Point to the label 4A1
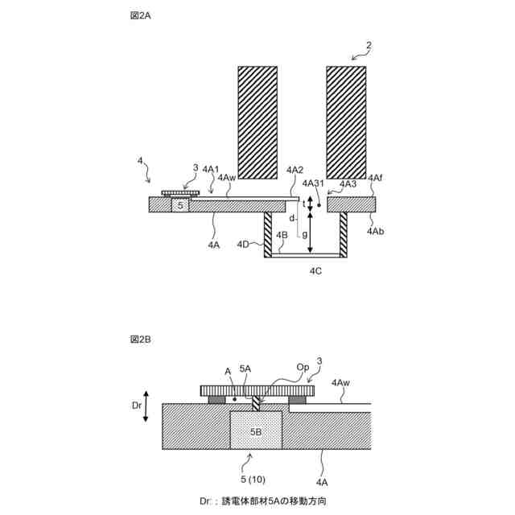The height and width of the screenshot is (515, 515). tap(210, 169)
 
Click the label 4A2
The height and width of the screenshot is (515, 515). tap(295, 169)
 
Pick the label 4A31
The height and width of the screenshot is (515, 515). tap(315, 184)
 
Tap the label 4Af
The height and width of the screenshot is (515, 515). tap(375, 178)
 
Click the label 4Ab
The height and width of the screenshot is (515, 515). tap(375, 231)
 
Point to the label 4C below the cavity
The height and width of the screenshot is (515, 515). tap(316, 271)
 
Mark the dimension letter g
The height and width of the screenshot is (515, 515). tap(304, 233)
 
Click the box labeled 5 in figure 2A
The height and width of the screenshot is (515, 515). tap(181, 206)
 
